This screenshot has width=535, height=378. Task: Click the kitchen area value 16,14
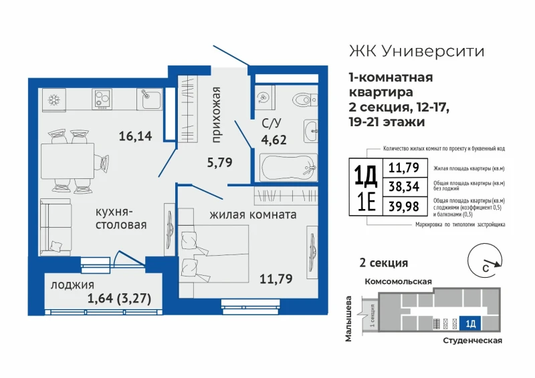(136, 136)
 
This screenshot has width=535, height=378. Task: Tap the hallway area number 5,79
(220, 162)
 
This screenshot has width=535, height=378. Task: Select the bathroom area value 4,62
(274, 140)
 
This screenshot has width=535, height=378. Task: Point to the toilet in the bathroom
(305, 100)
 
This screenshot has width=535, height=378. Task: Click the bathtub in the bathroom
(289, 167)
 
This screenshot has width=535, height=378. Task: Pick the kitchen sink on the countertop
(149, 99)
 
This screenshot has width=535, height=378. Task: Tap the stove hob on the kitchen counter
(102, 100)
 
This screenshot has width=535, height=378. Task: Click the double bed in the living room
(213, 254)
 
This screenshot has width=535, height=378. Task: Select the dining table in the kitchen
(68, 161)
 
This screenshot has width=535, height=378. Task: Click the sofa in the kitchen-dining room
(56, 227)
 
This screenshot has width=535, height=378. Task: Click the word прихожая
(216, 115)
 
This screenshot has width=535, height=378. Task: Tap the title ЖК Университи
(417, 51)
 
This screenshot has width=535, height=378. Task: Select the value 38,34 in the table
(404, 186)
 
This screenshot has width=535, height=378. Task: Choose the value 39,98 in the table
(404, 206)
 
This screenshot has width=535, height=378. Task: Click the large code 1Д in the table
(365, 175)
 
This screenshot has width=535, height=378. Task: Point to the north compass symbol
(485, 260)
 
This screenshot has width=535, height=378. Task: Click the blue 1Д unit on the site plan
(470, 323)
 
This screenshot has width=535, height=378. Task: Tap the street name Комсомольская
(398, 282)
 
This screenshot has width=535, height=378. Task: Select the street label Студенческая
(473, 340)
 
